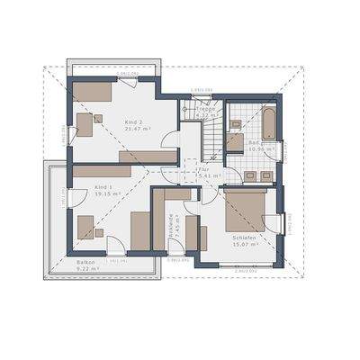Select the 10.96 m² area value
point(259,148)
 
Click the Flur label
point(203,167)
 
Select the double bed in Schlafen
point(245,208)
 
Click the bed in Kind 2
point(92,90)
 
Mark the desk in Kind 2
point(85,124)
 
